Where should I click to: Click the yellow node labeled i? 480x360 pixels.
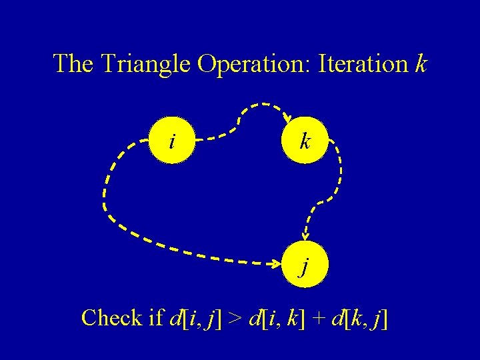173,140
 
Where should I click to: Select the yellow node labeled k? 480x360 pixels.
305,140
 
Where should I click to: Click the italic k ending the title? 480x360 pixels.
421,64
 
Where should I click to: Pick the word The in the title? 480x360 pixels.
74,64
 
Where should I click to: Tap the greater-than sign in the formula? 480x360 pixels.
235,319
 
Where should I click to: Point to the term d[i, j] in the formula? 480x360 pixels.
196,319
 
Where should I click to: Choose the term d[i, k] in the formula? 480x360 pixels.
278,319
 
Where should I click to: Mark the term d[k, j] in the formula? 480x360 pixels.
360,319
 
